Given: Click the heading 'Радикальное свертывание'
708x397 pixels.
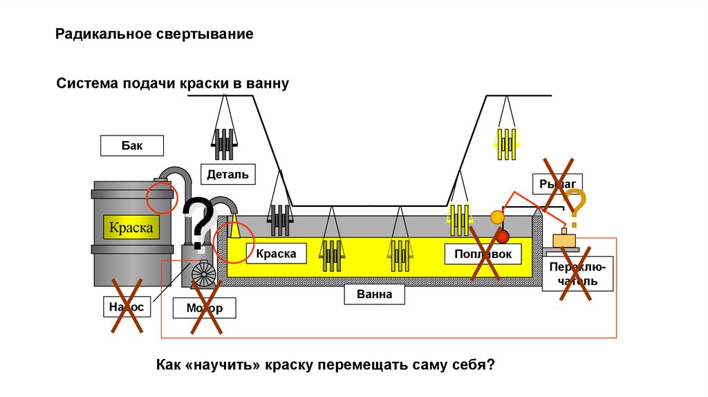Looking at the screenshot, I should pos(155,34).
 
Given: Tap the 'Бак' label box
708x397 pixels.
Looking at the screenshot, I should pos(131,145).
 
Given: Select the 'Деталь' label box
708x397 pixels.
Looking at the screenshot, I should pos(227,174).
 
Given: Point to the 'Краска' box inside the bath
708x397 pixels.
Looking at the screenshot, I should pos(277,254).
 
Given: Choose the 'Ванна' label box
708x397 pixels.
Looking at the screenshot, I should pos(375,294).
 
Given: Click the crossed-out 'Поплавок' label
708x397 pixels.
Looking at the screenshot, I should pos(483,255).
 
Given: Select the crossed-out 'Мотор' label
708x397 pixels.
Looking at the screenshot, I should pos(205,308).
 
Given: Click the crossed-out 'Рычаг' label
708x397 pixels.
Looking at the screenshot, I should pos(557,183).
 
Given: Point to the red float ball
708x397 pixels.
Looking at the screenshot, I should pos(503,237).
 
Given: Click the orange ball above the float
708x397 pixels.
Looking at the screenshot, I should pos(496,217).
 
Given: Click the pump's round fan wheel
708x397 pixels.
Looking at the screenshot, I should pos(203,275).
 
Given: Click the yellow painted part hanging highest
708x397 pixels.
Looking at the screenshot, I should pos(507,144).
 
